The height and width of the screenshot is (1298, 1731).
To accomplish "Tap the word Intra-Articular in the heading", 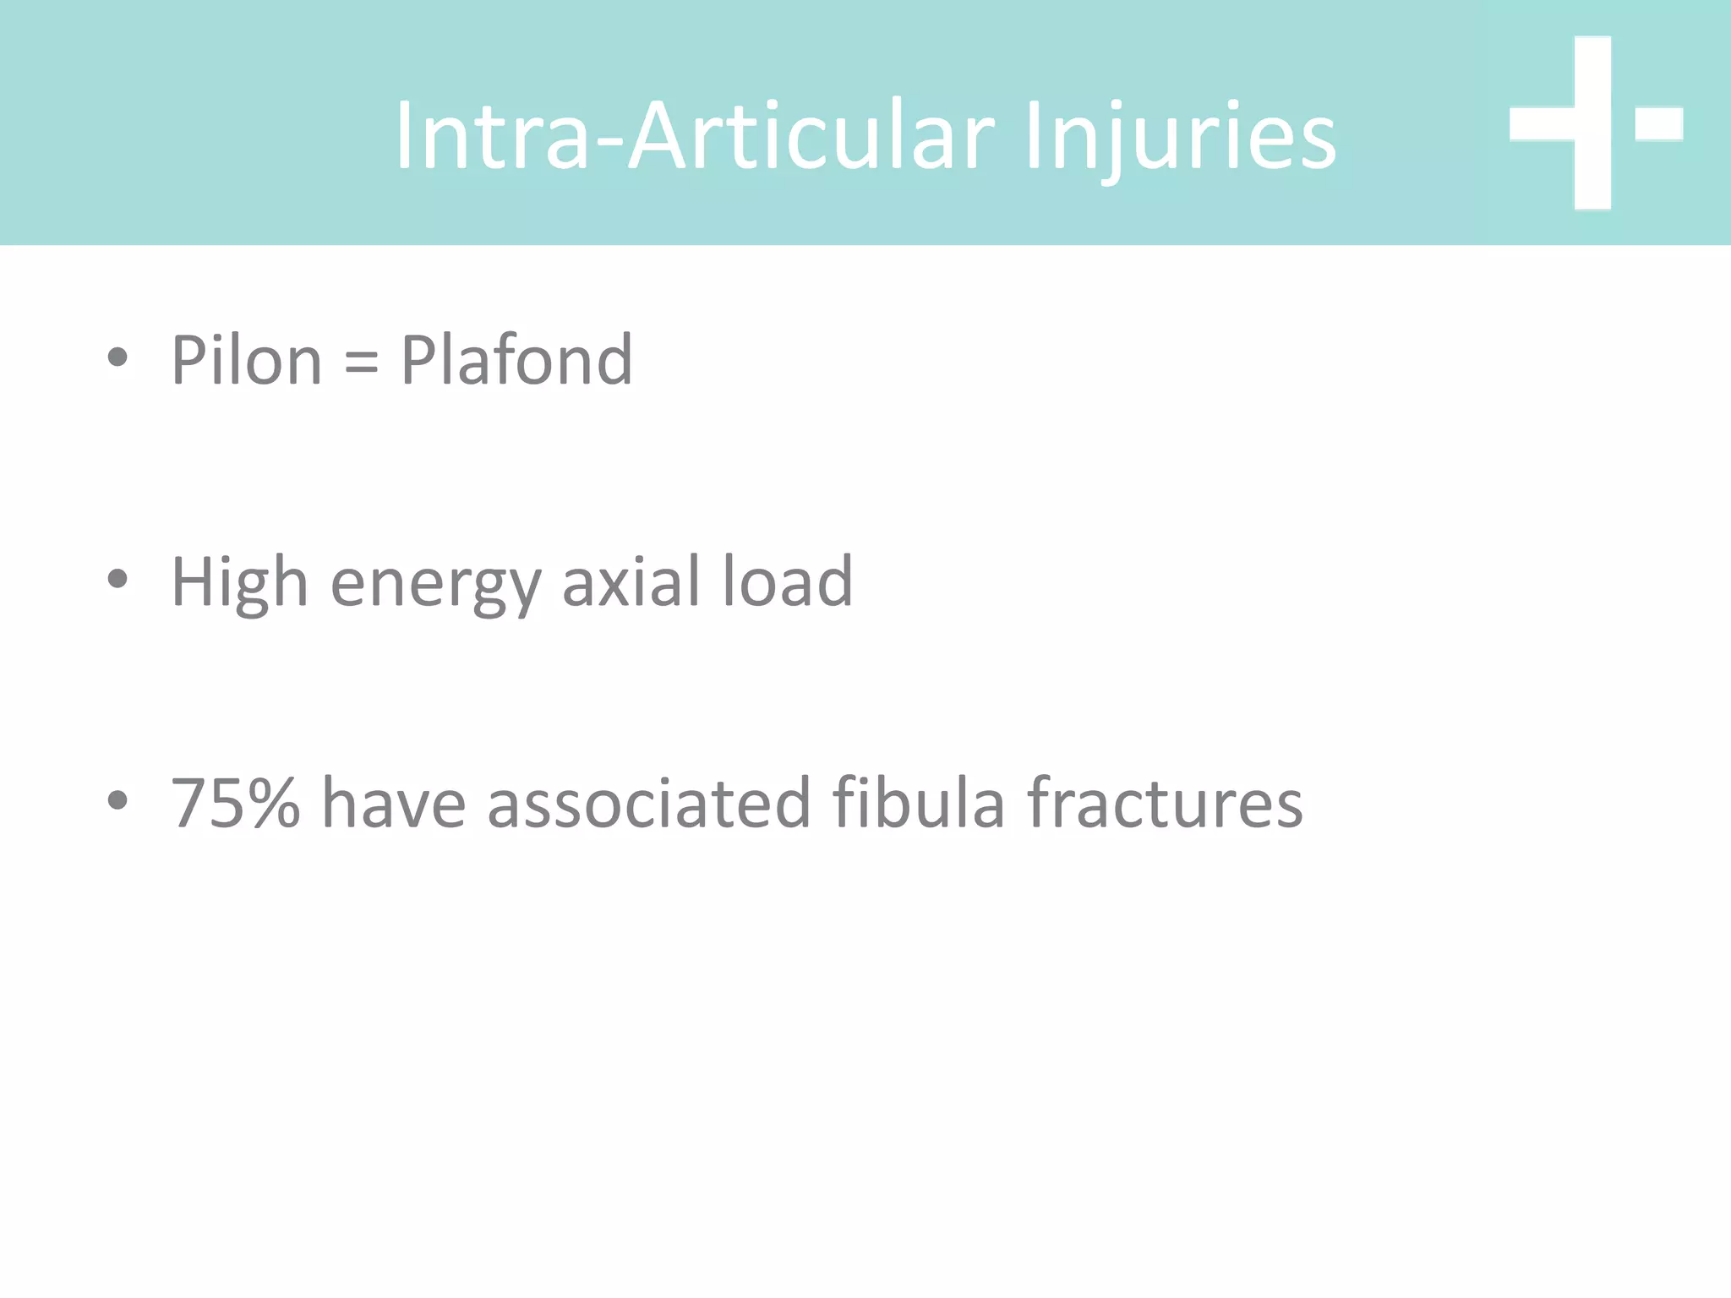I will (x=696, y=135).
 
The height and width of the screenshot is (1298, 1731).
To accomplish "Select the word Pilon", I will (x=246, y=361).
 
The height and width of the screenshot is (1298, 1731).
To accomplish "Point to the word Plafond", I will (x=516, y=361).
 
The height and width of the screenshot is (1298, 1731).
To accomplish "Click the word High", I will (x=239, y=582).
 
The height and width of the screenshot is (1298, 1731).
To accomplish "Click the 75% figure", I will (x=236, y=803).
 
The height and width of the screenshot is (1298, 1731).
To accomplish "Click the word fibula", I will (x=919, y=803).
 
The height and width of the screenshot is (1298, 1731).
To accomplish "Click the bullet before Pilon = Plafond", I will (x=117, y=357).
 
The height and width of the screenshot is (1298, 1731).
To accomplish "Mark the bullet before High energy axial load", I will (x=117, y=579).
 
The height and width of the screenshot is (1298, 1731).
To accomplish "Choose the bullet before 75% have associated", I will (x=117, y=799).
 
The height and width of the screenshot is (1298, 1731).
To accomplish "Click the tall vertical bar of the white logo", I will (x=1592, y=123).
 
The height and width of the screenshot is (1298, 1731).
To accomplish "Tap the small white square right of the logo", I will (x=1658, y=123).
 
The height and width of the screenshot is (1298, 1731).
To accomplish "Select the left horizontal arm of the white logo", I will (x=1541, y=123).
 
